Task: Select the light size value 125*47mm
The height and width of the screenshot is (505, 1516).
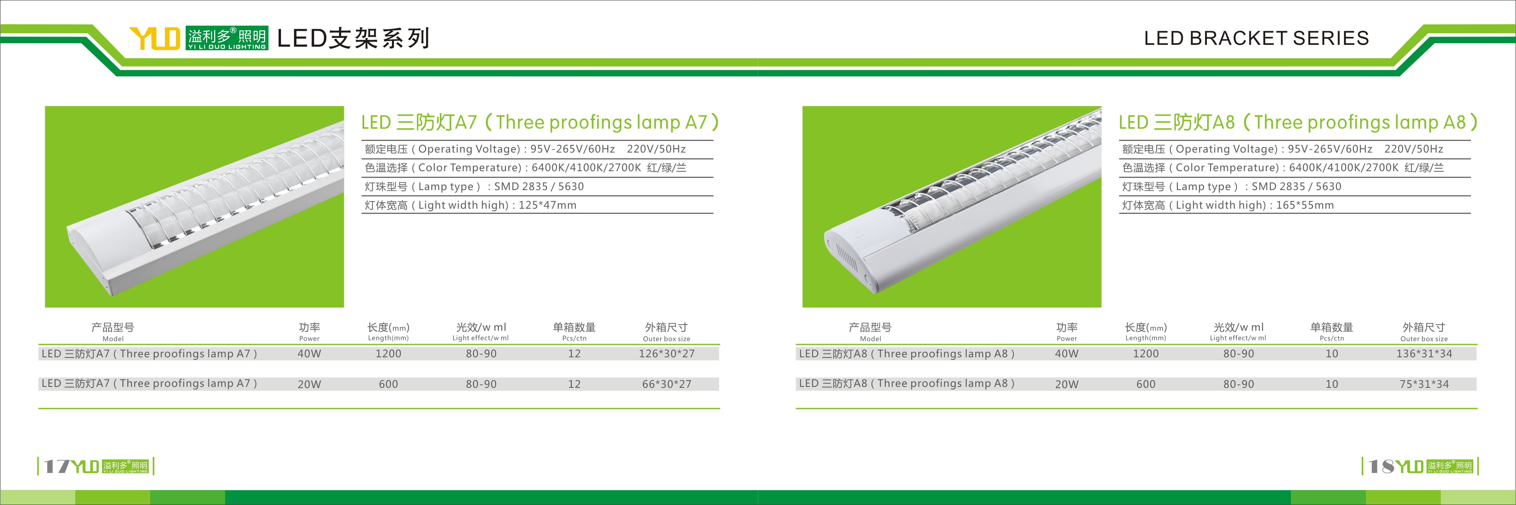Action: [547, 205]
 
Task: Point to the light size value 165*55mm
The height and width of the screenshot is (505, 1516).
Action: [1305, 205]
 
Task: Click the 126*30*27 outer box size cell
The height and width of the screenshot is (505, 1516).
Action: [667, 353]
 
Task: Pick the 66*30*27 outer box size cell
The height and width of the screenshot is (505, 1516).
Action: [667, 384]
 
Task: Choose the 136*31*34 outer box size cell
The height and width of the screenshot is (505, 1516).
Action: [1424, 353]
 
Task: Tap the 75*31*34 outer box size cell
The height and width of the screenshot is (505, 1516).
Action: [1424, 384]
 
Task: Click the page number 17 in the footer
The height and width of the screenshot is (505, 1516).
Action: [57, 466]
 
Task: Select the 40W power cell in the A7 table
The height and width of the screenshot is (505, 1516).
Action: [309, 353]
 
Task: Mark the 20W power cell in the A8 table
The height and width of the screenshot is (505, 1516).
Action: [1066, 384]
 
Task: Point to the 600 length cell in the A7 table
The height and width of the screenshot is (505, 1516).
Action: [389, 384]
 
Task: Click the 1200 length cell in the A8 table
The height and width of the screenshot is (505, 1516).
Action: [1146, 353]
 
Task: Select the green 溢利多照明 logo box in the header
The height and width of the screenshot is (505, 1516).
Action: [227, 38]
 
